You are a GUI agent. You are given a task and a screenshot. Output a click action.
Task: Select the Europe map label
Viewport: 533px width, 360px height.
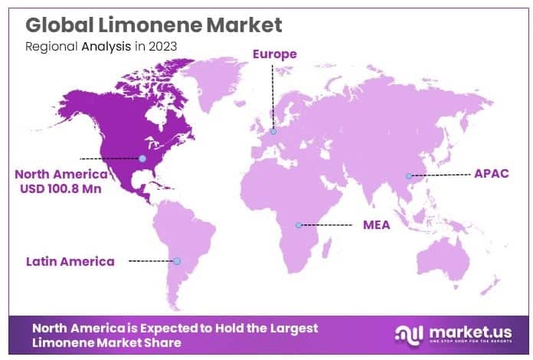(x=274, y=54)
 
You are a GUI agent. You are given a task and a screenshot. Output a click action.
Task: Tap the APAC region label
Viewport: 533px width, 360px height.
(x=492, y=174)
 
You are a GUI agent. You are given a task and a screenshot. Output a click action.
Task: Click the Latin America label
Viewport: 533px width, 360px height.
(x=70, y=261)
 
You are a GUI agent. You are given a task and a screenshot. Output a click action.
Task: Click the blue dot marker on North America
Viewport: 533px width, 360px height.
(x=142, y=159)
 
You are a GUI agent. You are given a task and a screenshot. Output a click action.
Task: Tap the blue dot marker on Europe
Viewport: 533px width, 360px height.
(x=273, y=131)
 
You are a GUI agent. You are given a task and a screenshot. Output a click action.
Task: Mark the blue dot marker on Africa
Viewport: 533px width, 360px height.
(x=299, y=225)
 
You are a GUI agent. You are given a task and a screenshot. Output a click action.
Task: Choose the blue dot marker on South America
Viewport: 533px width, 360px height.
(x=178, y=261)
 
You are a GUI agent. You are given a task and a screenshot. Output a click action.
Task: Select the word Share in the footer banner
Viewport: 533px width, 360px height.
(x=162, y=343)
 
